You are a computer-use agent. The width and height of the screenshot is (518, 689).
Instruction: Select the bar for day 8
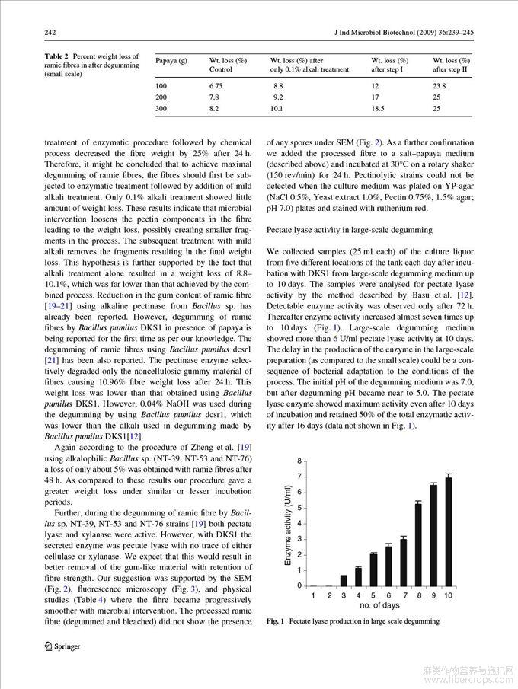pyautogui.click(x=418, y=544)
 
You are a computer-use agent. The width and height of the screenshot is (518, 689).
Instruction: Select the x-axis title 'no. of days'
pyautogui.click(x=381, y=604)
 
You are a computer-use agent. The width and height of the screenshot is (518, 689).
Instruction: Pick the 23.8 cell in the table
pyautogui.click(x=440, y=86)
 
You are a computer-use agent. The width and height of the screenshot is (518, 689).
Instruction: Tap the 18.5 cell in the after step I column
pyautogui.click(x=380, y=109)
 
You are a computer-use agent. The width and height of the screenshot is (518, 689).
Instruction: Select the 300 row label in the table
pyautogui.click(x=161, y=109)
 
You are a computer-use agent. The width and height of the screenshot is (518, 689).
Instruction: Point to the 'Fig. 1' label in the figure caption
pyautogui.click(x=275, y=621)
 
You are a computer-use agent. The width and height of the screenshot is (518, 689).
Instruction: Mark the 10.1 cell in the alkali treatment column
pyautogui.click(x=277, y=109)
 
